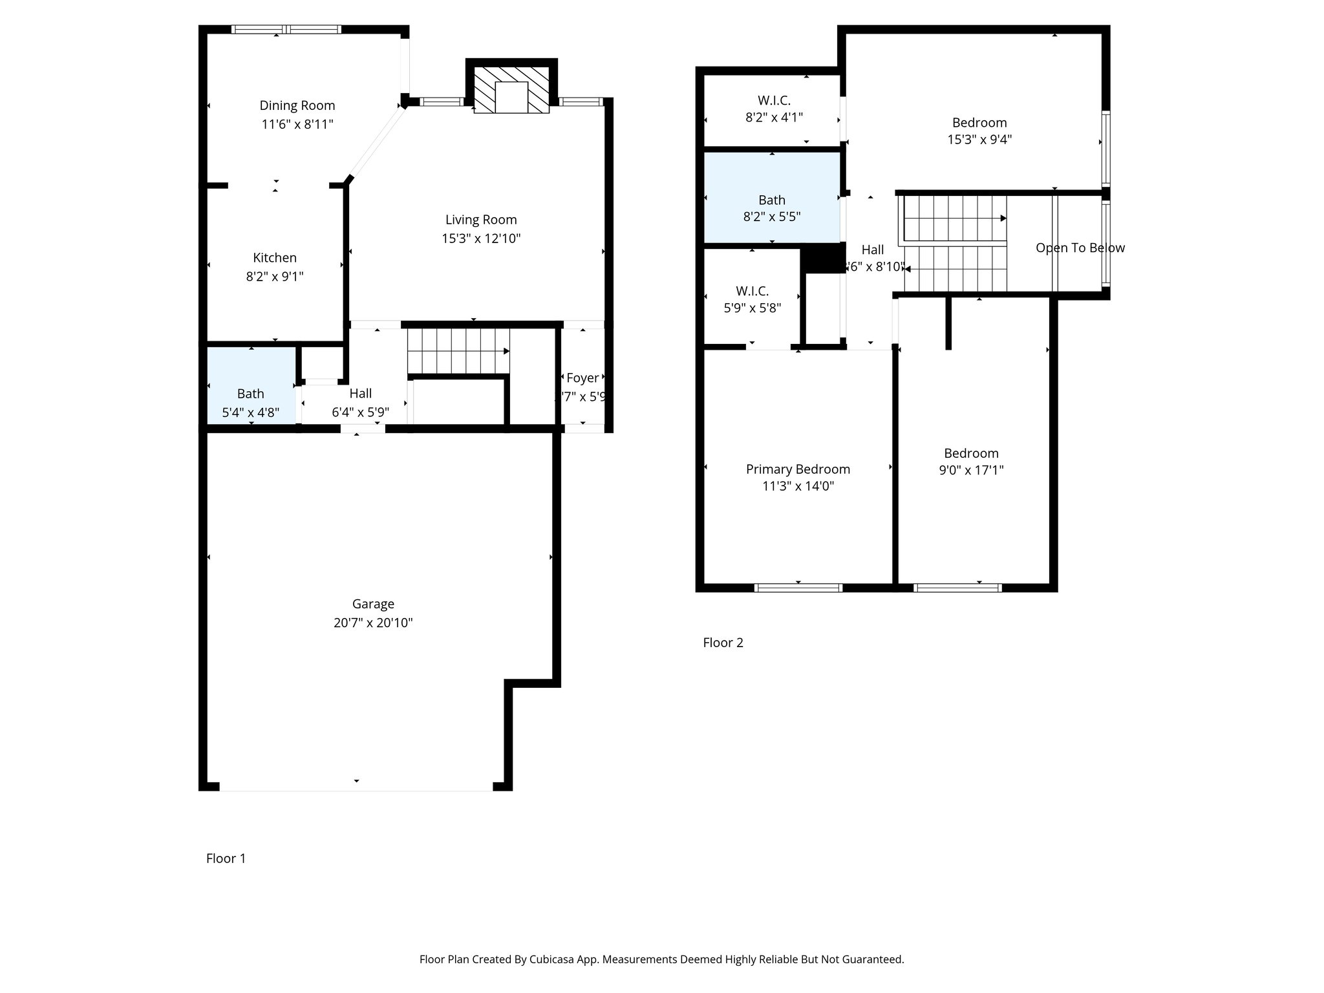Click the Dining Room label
point(297,105)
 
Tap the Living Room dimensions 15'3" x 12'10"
point(481,239)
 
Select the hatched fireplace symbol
point(511,89)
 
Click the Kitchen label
point(275,257)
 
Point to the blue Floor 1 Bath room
point(251,388)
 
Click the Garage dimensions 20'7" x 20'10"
point(373,623)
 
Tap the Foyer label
point(582,378)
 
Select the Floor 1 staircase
point(458,351)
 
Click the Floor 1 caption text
point(226,859)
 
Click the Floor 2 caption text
point(723,643)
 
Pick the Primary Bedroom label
point(798,469)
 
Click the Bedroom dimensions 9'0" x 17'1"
point(971,470)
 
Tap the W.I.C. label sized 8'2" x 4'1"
point(774,100)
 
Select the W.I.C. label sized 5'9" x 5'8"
point(752,291)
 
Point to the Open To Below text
point(1080,248)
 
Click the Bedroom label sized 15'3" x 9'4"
point(979,123)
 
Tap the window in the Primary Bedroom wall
point(798,588)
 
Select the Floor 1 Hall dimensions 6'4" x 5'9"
point(360,412)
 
